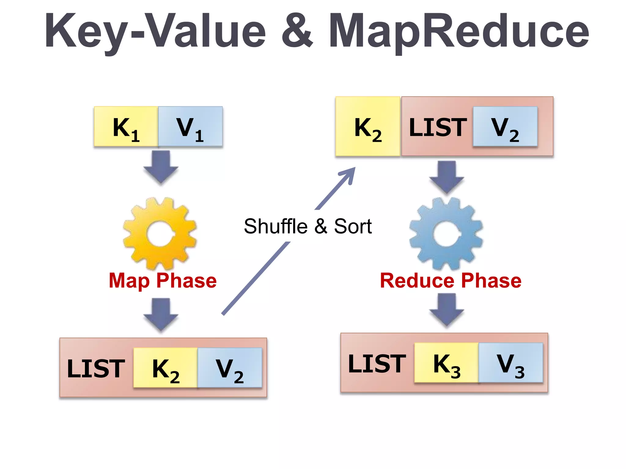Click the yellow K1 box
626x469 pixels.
126,126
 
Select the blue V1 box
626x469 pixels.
190,126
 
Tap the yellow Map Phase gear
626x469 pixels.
160,234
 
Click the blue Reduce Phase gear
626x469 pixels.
446,234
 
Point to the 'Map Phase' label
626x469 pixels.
163,281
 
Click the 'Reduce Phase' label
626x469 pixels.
451,281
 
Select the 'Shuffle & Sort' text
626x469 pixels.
307,226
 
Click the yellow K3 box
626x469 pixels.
446,363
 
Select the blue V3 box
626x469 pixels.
510,363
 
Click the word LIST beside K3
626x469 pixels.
377,363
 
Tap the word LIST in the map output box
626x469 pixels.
96,369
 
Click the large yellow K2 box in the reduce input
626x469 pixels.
368,126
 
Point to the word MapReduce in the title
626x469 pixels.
458,31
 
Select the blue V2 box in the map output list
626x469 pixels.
230,368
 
